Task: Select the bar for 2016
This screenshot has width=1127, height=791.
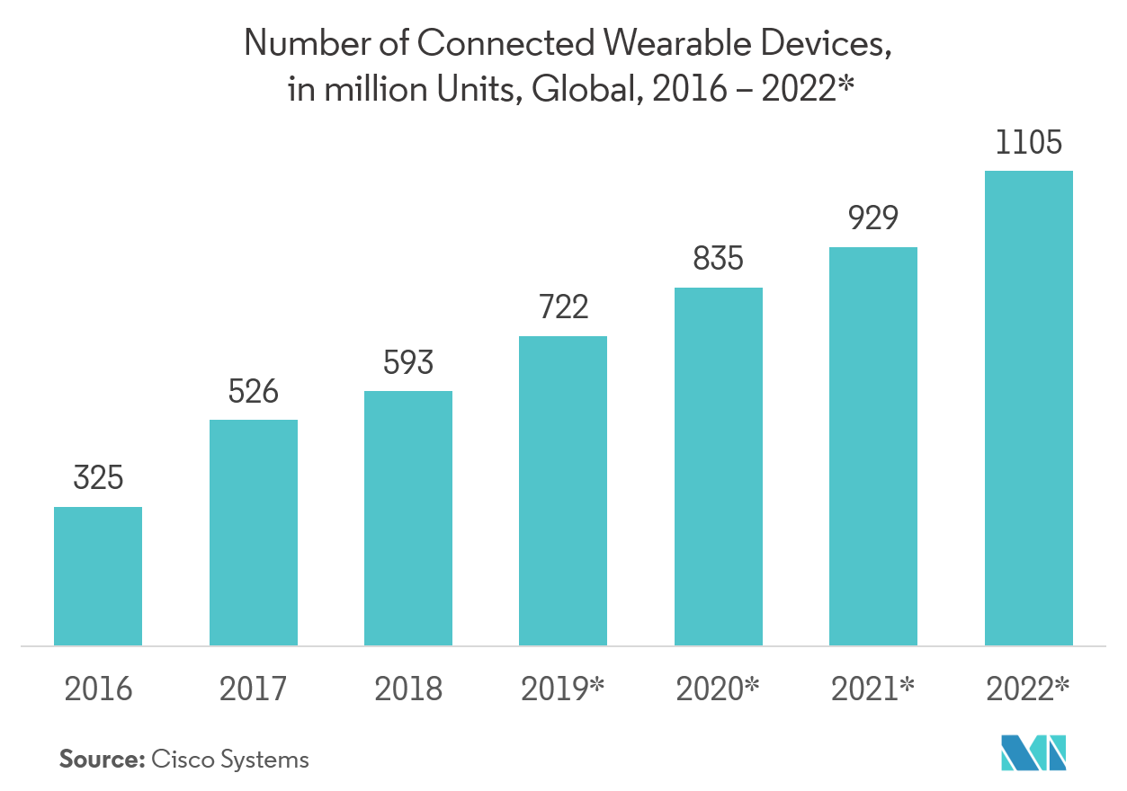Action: pyautogui.click(x=98, y=576)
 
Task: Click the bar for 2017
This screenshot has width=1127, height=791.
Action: pyautogui.click(x=254, y=532)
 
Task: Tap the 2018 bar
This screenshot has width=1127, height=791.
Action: pyautogui.click(x=408, y=518)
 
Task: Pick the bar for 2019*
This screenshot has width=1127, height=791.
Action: pyautogui.click(x=563, y=491)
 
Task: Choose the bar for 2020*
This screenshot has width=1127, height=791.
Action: pyautogui.click(x=719, y=467)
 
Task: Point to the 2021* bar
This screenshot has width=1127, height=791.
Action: pyautogui.click(x=873, y=446)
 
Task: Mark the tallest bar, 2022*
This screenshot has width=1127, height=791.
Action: pyautogui.click(x=1029, y=408)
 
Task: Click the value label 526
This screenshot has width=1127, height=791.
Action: pyautogui.click(x=254, y=392)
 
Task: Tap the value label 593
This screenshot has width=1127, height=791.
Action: pyautogui.click(x=408, y=363)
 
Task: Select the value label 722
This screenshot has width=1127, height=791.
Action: pyautogui.click(x=563, y=308)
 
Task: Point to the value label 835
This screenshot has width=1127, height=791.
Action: pyautogui.click(x=719, y=260)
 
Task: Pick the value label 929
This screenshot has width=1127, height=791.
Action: pyautogui.click(x=873, y=218)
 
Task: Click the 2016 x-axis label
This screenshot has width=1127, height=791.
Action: pyautogui.click(x=98, y=689)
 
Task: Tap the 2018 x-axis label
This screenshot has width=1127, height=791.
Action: pyautogui.click(x=408, y=689)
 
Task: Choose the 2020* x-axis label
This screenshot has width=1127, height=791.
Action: pyautogui.click(x=719, y=689)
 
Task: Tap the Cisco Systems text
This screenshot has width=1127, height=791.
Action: pyautogui.click(x=230, y=760)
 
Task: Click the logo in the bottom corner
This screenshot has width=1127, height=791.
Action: pyautogui.click(x=1033, y=753)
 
